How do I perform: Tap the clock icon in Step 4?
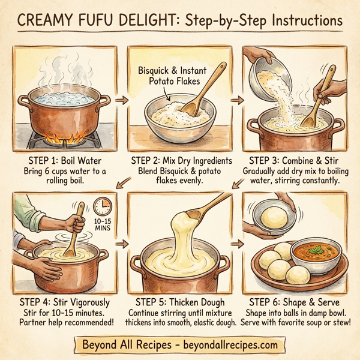click(x=103, y=206)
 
